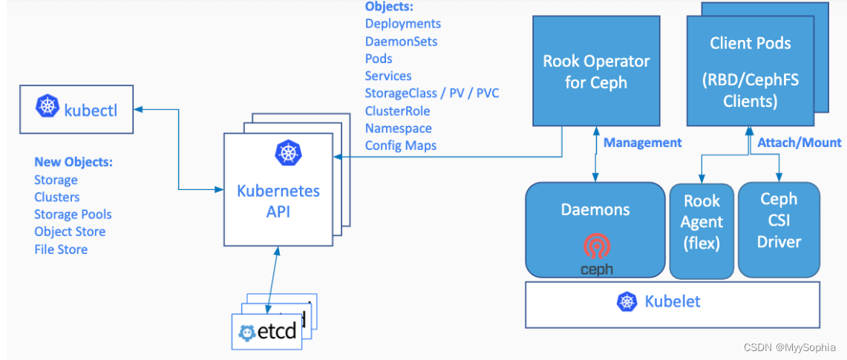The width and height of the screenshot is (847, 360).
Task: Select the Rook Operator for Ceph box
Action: (x=597, y=71)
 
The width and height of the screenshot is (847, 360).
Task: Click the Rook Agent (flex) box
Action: (x=702, y=222)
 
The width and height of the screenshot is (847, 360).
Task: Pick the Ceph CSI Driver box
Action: (x=779, y=220)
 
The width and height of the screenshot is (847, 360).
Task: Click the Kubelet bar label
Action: (x=672, y=301)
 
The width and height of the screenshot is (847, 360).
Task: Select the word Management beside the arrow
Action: (x=642, y=142)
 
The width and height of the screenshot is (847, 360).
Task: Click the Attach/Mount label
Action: (x=799, y=142)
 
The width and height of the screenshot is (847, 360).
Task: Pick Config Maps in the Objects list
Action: (x=400, y=145)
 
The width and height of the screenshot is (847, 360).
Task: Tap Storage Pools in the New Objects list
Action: (x=73, y=215)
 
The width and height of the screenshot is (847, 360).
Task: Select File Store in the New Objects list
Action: (x=61, y=249)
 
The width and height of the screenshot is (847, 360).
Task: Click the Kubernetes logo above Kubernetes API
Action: (x=287, y=152)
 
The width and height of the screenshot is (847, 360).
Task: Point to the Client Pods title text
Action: (x=750, y=44)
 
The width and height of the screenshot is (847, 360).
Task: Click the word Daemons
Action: (x=595, y=210)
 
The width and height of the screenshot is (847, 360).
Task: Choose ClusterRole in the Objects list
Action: (x=397, y=111)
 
